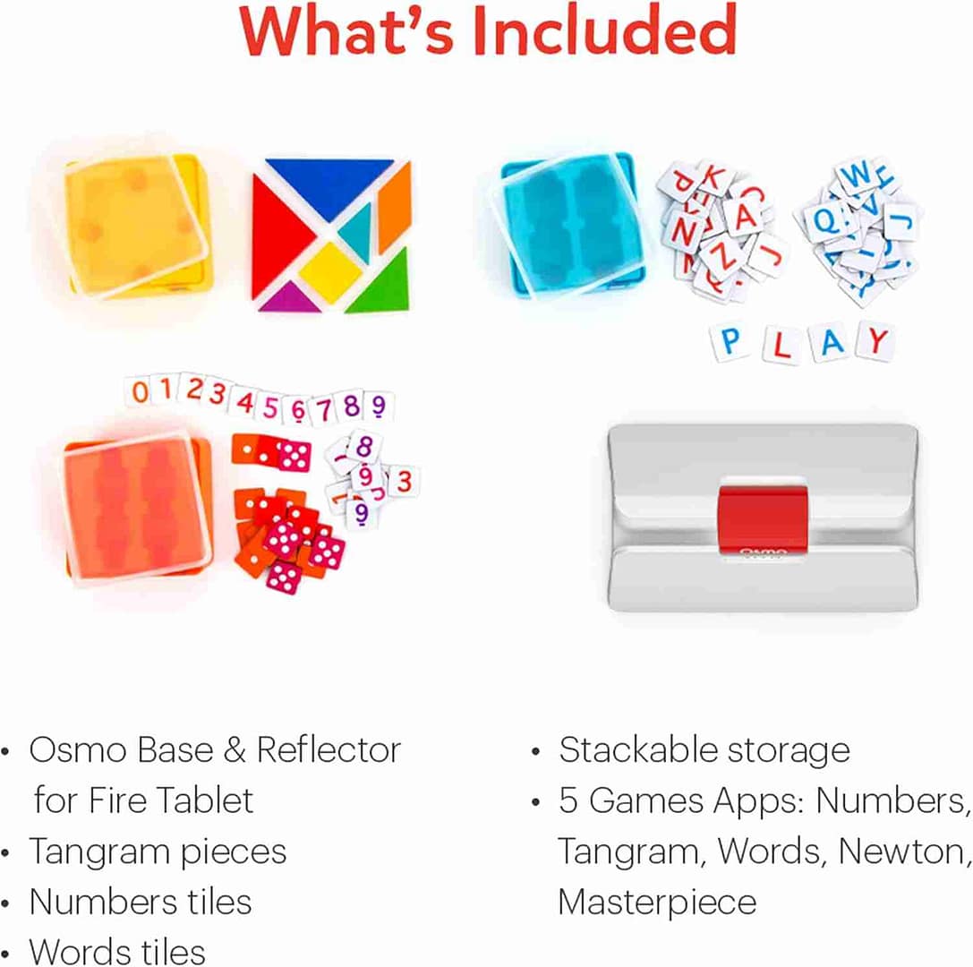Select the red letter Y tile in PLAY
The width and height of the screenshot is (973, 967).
pos(877,340)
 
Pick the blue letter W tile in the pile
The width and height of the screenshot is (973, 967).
pos(857,175)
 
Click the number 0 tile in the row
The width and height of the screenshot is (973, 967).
pos(140,391)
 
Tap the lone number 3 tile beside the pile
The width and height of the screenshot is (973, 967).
pos(404,481)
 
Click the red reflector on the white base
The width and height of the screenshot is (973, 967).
pos(761,520)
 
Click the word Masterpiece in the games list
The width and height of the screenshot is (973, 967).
pos(656,902)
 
